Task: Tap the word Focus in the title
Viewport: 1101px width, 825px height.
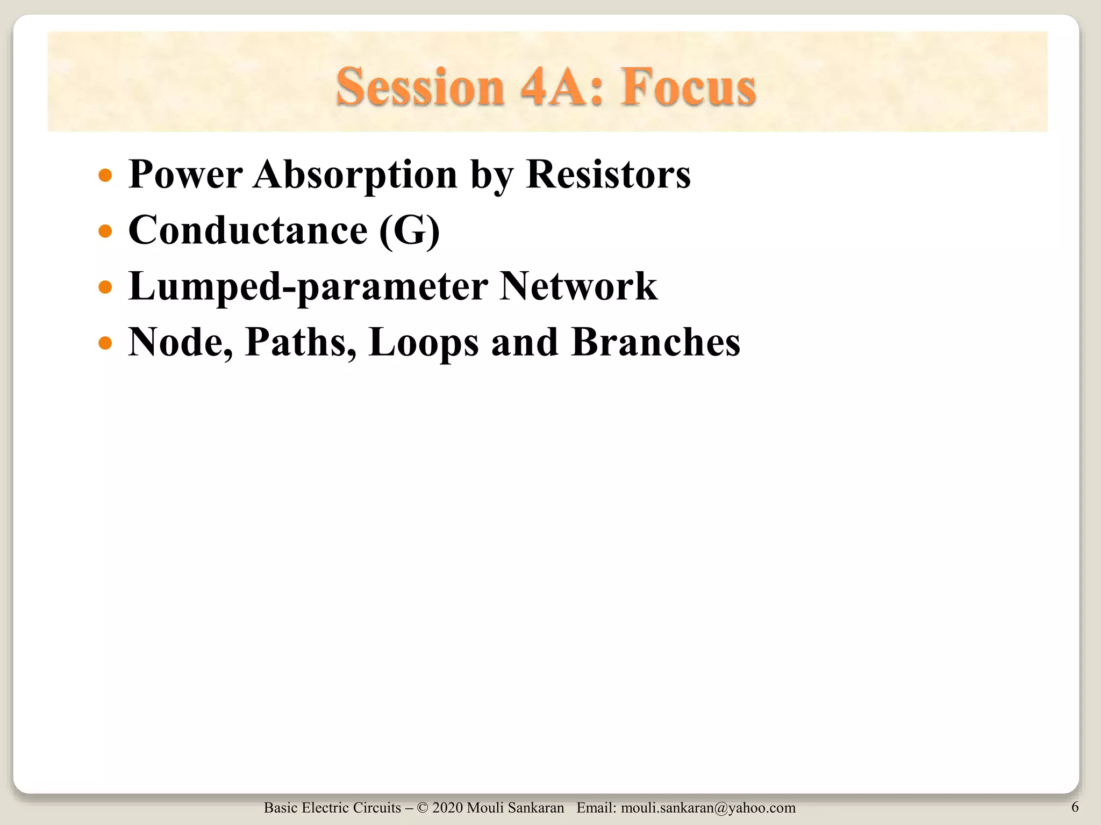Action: pyautogui.click(x=689, y=87)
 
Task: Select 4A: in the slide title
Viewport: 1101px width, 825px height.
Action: pyautogui.click(x=562, y=87)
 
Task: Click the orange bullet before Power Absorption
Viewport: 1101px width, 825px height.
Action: pyautogui.click(x=106, y=175)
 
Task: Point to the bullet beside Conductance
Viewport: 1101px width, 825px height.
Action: pyautogui.click(x=106, y=231)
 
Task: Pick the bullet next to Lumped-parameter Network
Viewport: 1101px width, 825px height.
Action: pyautogui.click(x=106, y=287)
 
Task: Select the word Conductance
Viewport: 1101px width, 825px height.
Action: pyautogui.click(x=248, y=230)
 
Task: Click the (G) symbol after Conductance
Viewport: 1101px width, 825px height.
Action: pyautogui.click(x=410, y=230)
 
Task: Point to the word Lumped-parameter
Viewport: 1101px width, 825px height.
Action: pyautogui.click(x=308, y=286)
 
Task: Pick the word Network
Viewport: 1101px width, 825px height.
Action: pyautogui.click(x=578, y=286)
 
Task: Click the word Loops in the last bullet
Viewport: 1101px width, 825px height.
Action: pyautogui.click(x=424, y=342)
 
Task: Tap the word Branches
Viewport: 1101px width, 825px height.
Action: pyautogui.click(x=656, y=342)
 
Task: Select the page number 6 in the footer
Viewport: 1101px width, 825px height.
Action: pyautogui.click(x=1075, y=807)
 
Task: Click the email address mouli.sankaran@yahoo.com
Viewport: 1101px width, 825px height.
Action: pyautogui.click(x=708, y=808)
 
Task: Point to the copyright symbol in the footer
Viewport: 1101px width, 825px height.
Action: pyautogui.click(x=422, y=808)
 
